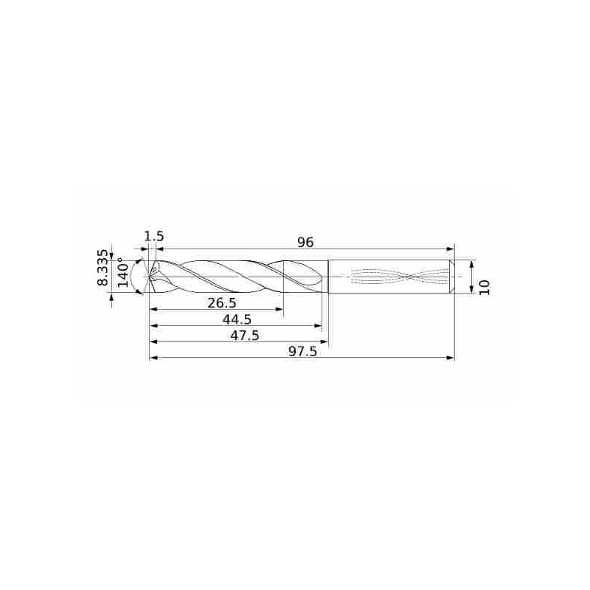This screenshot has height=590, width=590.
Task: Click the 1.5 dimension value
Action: pyautogui.click(x=154, y=236)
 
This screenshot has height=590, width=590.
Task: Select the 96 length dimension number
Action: pyautogui.click(x=305, y=243)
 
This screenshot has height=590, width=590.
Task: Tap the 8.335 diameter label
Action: pyautogui.click(x=103, y=267)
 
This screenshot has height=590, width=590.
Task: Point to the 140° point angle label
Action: pyautogui.click(x=123, y=272)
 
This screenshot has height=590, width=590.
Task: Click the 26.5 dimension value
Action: pyautogui.click(x=222, y=302)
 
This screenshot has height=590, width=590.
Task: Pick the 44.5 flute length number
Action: pyautogui.click(x=237, y=319)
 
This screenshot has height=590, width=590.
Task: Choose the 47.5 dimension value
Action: pyautogui.click(x=245, y=336)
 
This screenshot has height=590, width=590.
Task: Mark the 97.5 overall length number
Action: pyautogui.click(x=303, y=352)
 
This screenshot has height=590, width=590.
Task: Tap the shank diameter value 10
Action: pyautogui.click(x=485, y=287)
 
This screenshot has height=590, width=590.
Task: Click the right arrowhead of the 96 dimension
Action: pyautogui.click(x=451, y=249)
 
